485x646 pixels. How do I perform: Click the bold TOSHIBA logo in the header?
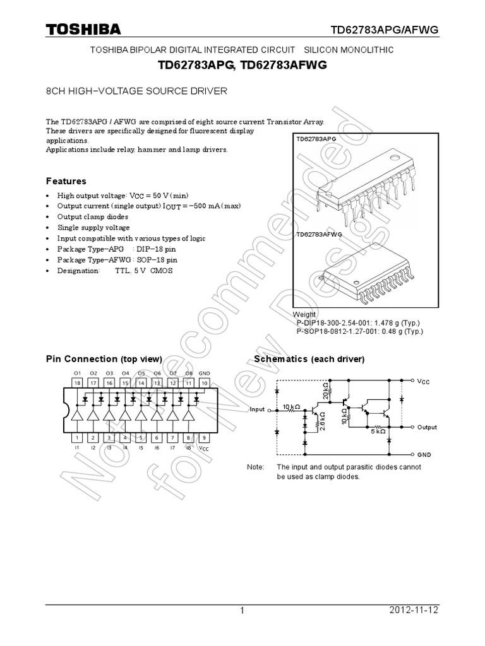[83, 30]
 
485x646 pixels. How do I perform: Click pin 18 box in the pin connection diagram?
[78, 382]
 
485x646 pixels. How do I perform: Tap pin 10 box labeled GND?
[204, 382]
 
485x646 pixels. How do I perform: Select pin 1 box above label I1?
[78, 437]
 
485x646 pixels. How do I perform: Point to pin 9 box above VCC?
[204, 437]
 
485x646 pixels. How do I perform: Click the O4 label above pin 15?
[125, 373]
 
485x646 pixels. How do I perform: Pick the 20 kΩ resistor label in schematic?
[326, 391]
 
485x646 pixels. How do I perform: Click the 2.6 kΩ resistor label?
[322, 421]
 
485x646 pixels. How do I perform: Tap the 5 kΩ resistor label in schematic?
[378, 432]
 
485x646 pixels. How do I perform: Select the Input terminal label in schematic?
[257, 409]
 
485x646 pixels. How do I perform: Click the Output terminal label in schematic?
[427, 427]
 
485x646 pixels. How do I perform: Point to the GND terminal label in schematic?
[424, 454]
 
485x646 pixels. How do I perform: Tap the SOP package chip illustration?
[366, 271]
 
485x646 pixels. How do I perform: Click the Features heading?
[66, 181]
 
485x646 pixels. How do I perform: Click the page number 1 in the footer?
[242, 611]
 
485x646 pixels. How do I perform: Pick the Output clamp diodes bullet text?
[93, 216]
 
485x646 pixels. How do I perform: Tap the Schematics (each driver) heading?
[309, 359]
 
